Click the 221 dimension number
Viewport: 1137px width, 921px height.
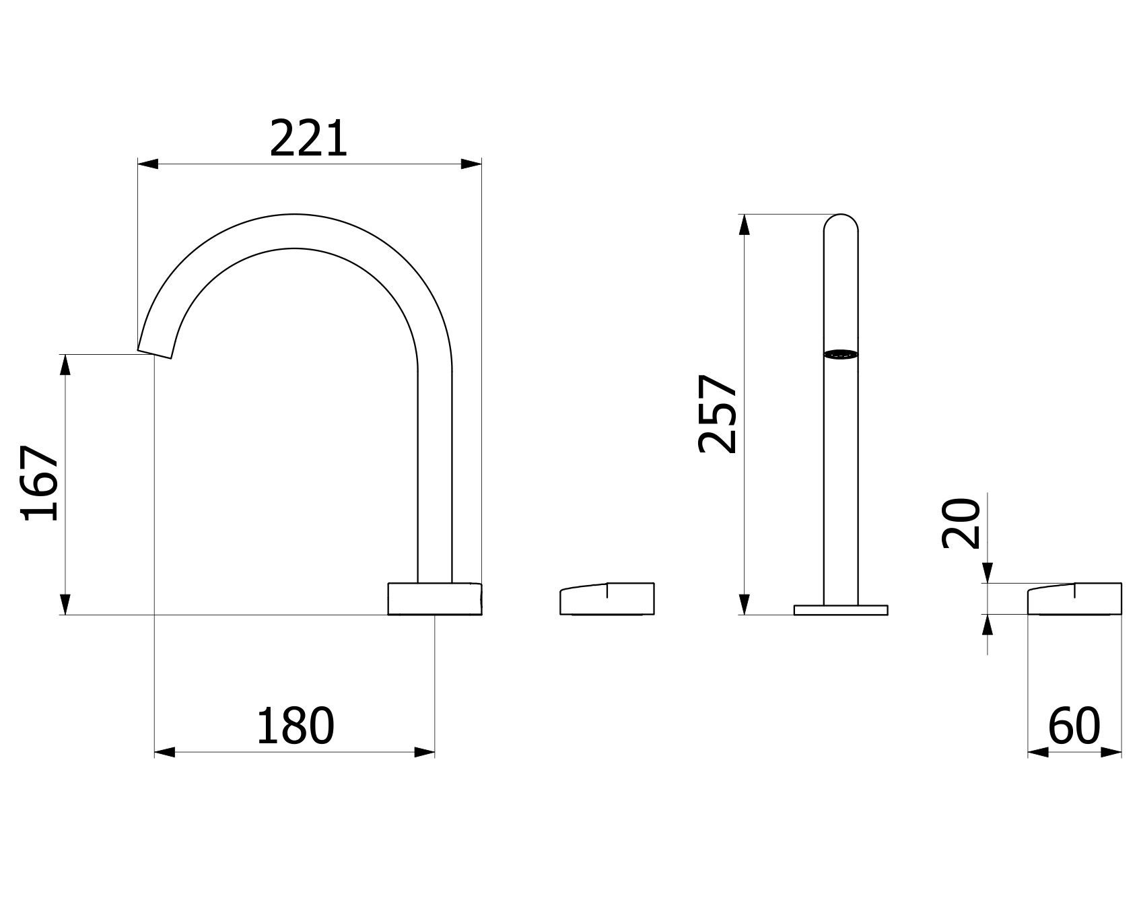click(308, 139)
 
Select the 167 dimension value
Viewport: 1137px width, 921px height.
click(40, 483)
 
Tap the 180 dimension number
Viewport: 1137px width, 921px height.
click(295, 726)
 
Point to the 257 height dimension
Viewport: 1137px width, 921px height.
click(718, 413)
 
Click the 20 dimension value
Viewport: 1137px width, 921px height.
click(961, 523)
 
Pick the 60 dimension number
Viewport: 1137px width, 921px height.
click(1074, 726)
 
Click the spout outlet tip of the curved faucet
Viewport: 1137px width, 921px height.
click(155, 354)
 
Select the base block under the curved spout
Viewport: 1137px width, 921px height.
click(435, 599)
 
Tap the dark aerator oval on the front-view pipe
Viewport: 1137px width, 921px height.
click(841, 354)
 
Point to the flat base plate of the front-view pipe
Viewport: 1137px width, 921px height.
click(841, 610)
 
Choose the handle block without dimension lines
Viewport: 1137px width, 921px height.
click(607, 599)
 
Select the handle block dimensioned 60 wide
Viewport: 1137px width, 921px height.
click(1074, 599)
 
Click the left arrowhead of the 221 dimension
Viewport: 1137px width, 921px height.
click(147, 164)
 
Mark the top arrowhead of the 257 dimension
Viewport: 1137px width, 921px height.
click(744, 225)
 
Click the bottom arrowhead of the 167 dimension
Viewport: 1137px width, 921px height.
click(65, 604)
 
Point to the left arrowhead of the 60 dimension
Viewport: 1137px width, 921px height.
click(1037, 752)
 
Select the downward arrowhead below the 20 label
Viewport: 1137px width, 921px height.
click(987, 574)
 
